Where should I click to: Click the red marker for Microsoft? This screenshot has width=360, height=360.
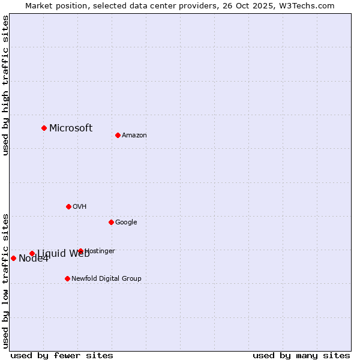click(44, 128)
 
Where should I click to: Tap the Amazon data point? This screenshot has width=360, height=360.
click(118, 135)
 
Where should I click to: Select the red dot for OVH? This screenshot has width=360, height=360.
click(68, 206)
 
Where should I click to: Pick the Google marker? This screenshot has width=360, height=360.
click(111, 222)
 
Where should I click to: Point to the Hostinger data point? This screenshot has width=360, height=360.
click(80, 251)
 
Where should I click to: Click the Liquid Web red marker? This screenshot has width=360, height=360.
click(32, 253)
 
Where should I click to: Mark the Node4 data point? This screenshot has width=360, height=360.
click(13, 258)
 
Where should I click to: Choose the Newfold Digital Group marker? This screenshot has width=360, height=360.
click(67, 278)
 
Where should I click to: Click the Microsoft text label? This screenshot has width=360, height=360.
click(71, 128)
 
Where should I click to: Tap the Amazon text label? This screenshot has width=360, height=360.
click(134, 135)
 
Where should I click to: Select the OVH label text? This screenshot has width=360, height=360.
click(80, 206)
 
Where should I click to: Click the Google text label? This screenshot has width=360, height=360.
click(126, 222)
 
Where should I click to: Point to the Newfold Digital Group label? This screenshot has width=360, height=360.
click(106, 278)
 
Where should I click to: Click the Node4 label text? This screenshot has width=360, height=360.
click(34, 259)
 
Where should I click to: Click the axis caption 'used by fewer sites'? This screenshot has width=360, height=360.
click(62, 355)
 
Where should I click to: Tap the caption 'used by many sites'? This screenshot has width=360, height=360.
click(301, 355)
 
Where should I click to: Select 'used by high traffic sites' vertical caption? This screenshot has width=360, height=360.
click(5, 85)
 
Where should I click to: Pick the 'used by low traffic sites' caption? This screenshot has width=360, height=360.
click(5, 281)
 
